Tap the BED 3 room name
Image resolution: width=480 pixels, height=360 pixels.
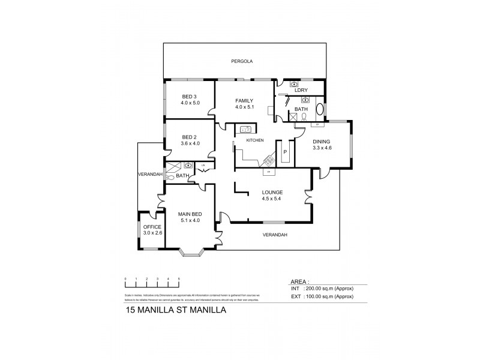tap(190, 97)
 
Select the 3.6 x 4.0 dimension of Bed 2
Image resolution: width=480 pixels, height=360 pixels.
tap(190, 143)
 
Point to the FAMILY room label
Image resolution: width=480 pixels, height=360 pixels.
tap(244, 101)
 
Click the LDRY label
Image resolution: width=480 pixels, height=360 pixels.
tap(302, 91)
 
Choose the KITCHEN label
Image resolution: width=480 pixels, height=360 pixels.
tap(255, 140)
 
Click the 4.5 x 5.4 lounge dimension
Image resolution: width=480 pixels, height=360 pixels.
tap(272, 199)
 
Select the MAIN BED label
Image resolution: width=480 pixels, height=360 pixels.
tap(190, 214)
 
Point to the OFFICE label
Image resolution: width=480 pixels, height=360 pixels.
tap(152, 227)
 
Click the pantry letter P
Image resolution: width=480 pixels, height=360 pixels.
tap(285, 152)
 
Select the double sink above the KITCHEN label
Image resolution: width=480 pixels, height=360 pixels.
tap(245, 129)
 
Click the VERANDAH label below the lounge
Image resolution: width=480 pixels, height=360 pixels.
tap(275, 235)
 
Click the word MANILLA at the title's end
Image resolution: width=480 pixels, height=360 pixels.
tap(208, 311)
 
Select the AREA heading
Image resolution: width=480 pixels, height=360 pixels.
tap(299, 281)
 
